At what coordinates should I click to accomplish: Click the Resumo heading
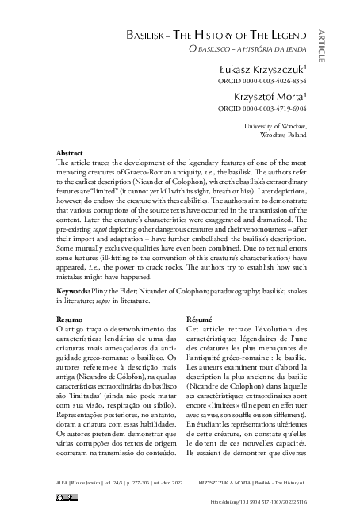[x=69, y=320]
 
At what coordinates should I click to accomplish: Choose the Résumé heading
[x=199, y=320]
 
